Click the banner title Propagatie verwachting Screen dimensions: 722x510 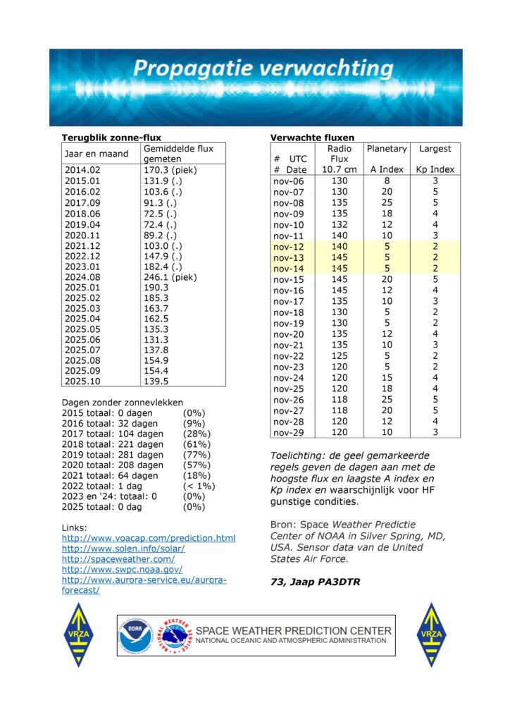pos(263,69)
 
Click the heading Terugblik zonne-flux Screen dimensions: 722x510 pos(111,137)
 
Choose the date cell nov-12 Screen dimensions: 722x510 pos(289,247)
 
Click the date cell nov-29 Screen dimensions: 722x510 pos(289,432)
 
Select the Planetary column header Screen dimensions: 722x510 pos(387,149)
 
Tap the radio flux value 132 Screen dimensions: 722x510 pos(340,225)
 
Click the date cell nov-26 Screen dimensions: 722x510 pos(289,399)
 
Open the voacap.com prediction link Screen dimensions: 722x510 pos(149,538)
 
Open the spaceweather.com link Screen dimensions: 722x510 pos(118,558)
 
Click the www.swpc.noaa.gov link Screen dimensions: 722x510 pos(123,569)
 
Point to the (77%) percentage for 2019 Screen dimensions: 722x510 pos(197,455)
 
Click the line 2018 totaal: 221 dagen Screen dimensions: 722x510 pos(113,444)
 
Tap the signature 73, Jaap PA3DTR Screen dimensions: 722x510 pos(314,582)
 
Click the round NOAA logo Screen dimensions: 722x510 pos(135,635)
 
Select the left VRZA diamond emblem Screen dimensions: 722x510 pos(78,635)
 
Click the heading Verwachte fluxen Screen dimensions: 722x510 pos(313,137)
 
